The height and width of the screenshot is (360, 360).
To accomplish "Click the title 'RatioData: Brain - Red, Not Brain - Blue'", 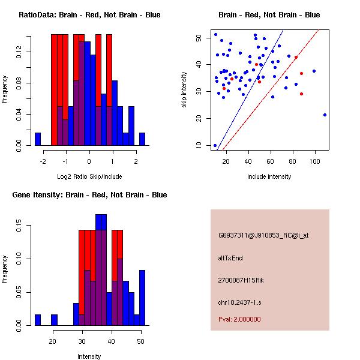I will click(x=89, y=15).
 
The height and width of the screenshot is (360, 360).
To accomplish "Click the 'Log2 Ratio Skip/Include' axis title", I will click(x=89, y=176).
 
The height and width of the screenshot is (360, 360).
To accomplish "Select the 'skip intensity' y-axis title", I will click(x=185, y=90).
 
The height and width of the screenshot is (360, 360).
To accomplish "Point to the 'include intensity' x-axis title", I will click(x=269, y=176).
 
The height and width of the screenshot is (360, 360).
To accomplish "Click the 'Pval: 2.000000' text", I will click(x=239, y=319).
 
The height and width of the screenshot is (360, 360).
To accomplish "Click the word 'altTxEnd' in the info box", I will click(x=230, y=258).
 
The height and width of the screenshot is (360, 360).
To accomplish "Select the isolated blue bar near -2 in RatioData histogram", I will click(x=38, y=139).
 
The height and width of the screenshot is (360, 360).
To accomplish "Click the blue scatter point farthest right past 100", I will click(x=325, y=115).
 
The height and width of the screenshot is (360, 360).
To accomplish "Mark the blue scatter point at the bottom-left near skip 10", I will click(x=215, y=145).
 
